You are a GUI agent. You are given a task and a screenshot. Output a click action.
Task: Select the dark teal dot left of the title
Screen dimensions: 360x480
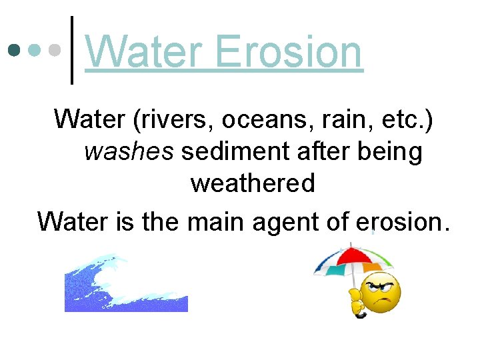pos(13,50)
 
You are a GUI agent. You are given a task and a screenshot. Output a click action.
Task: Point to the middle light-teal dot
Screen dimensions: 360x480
pos(35,50)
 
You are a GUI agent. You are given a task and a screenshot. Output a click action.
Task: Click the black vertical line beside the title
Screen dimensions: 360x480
pos(72,50)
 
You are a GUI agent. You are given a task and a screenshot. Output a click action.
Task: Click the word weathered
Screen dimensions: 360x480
pos(253,183)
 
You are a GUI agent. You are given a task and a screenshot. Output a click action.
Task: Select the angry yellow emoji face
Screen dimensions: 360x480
pos(379,292)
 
